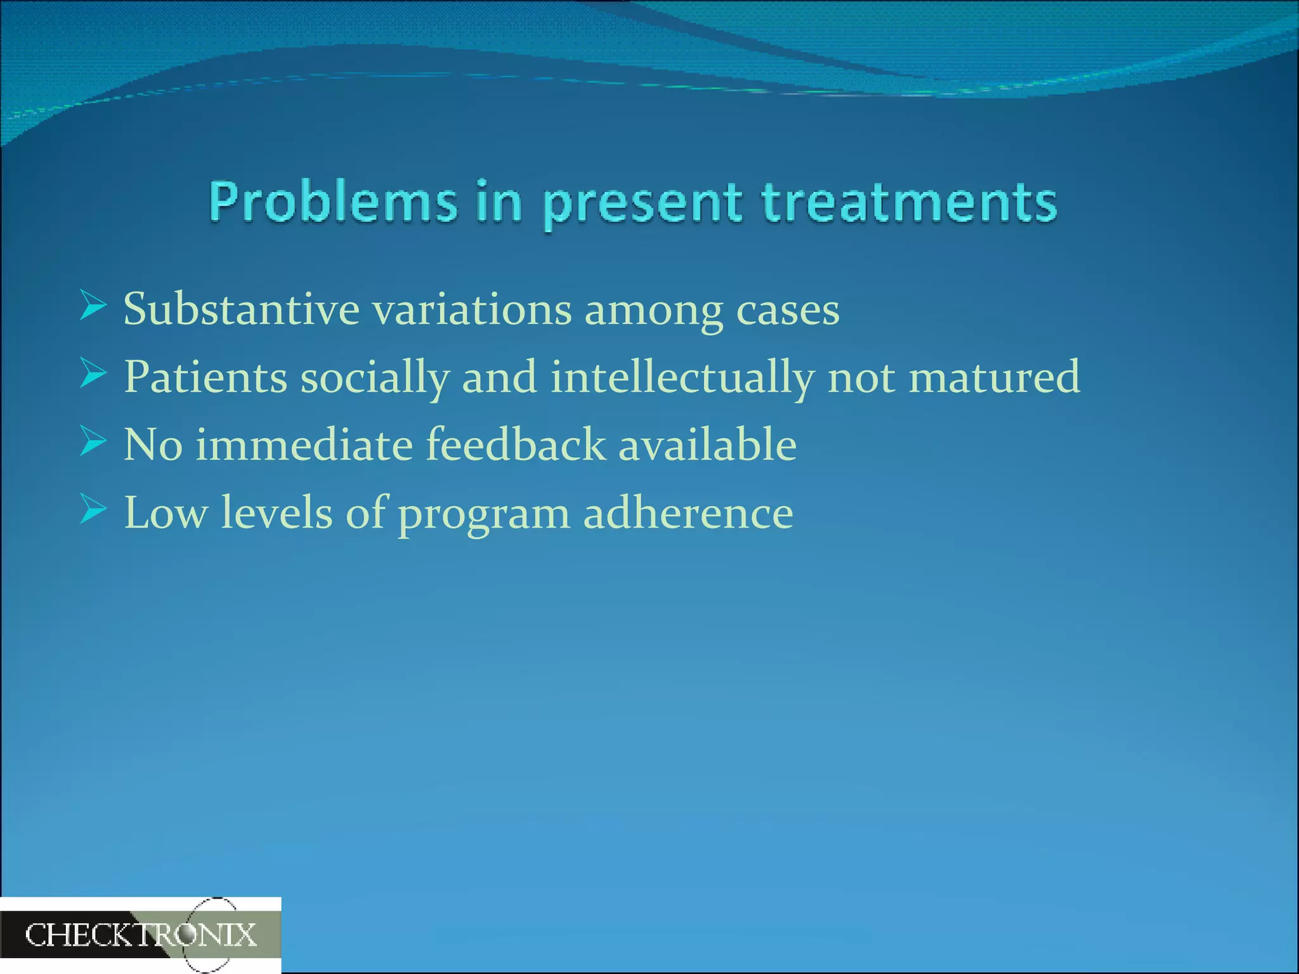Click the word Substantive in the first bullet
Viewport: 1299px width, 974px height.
[x=241, y=309]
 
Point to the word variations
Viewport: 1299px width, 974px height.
[x=471, y=309]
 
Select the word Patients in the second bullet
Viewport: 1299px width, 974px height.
[x=205, y=377]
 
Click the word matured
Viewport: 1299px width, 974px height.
[x=994, y=377]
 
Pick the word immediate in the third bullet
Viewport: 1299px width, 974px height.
[x=304, y=445]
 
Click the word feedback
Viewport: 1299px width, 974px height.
[x=516, y=445]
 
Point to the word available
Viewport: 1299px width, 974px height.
[x=707, y=445]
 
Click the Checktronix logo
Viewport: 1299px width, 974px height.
[x=140, y=935]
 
